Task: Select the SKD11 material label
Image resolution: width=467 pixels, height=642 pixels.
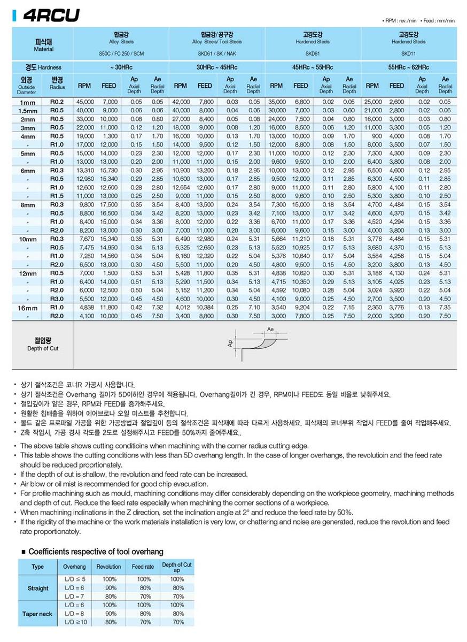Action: point(408,53)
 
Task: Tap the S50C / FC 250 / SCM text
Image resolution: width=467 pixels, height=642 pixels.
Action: point(121,53)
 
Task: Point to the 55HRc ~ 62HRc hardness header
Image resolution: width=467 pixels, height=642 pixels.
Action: point(408,67)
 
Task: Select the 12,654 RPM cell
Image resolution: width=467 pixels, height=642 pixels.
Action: point(181,187)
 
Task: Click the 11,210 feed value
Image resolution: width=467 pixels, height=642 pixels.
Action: point(300,239)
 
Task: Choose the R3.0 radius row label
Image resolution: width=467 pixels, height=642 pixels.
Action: point(57,299)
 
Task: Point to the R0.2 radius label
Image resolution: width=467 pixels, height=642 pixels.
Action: point(57,102)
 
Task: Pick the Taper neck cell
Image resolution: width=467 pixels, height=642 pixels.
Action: point(37,614)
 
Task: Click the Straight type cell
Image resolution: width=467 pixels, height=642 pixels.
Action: point(37,588)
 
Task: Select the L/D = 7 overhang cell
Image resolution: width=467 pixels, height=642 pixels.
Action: point(74,597)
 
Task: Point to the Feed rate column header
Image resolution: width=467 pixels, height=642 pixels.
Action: point(143,567)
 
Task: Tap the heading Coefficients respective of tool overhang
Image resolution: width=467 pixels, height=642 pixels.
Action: point(96,552)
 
